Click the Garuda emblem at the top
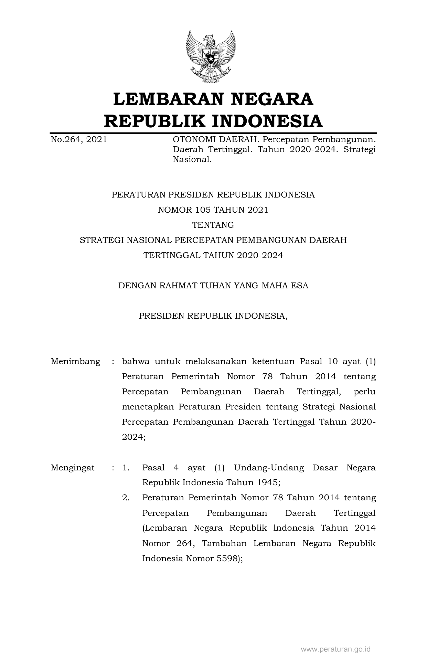point(211,56)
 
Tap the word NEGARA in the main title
point(272,99)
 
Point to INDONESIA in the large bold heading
point(267,121)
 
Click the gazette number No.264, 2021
point(79,140)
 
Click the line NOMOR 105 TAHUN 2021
point(213,210)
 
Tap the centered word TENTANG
point(213,225)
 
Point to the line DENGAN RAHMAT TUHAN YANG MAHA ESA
point(213,286)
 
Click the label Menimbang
point(76,362)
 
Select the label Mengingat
point(73,468)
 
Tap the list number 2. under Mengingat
point(126,498)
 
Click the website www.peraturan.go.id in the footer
point(335,649)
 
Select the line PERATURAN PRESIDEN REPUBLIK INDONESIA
point(213,195)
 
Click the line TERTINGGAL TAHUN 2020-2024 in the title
point(213,255)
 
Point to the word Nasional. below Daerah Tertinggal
point(192,160)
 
